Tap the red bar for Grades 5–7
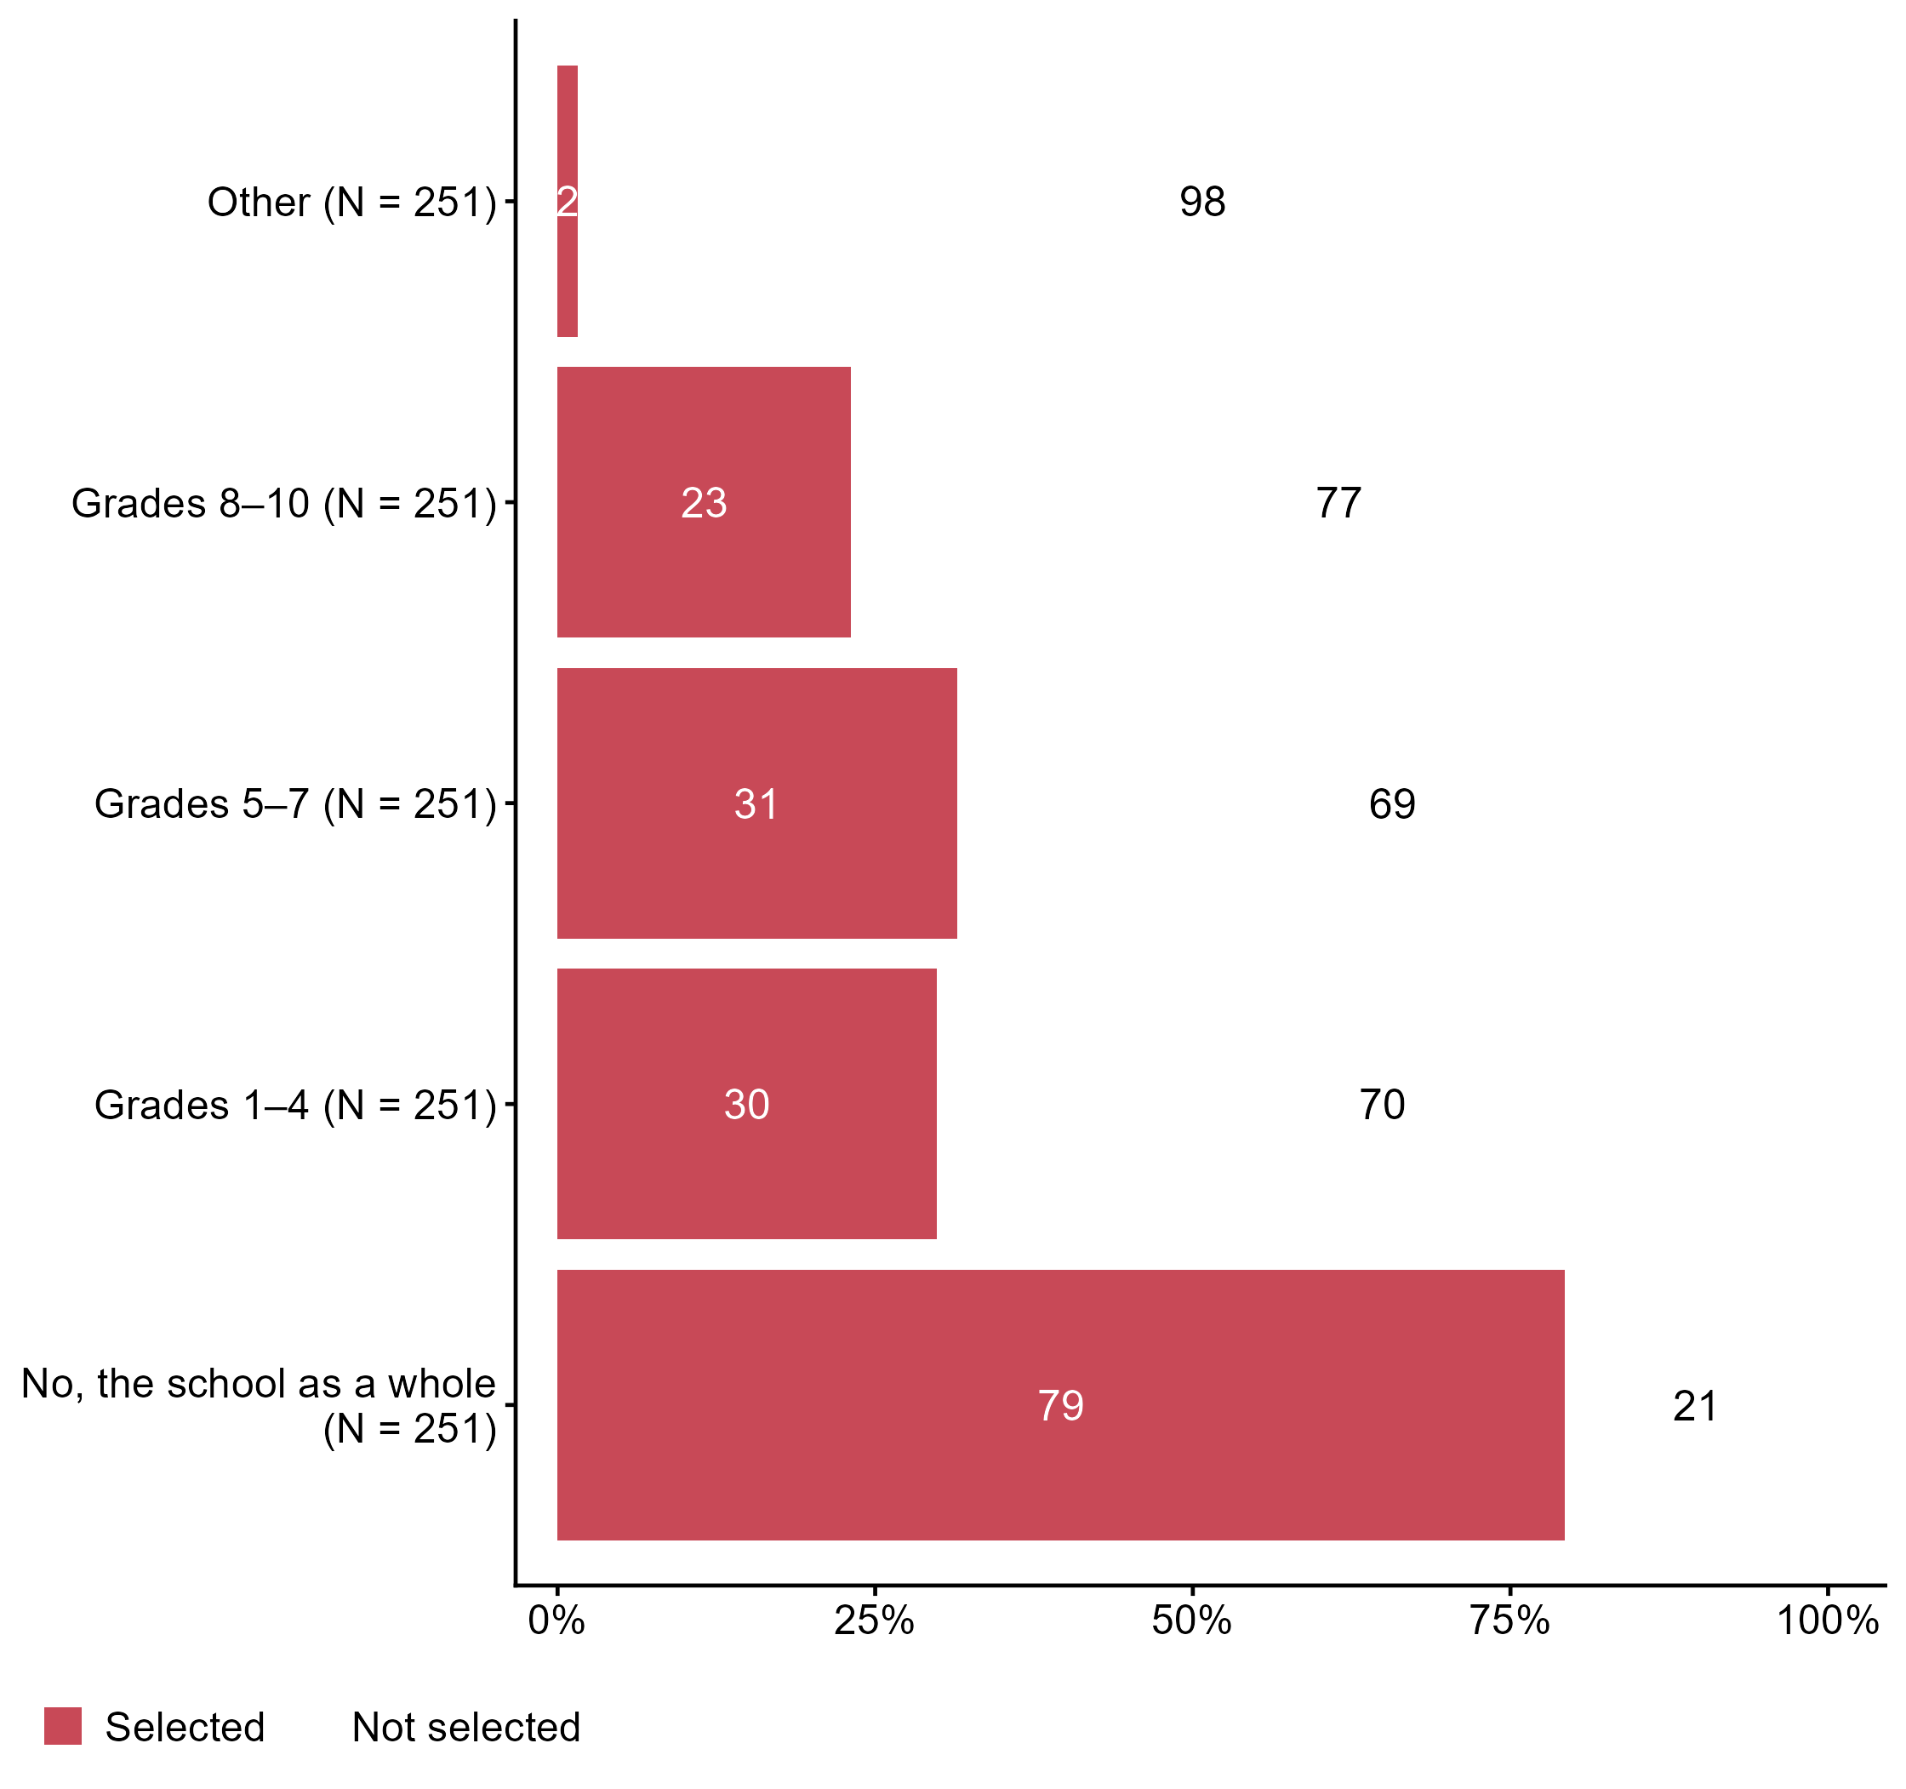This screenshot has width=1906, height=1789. [756, 863]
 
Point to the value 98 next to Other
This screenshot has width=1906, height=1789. [1202, 203]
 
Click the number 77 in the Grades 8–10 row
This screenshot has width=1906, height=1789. [1338, 503]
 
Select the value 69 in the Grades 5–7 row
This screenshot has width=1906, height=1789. [1392, 804]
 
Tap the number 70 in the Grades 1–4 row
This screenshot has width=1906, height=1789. [1382, 1106]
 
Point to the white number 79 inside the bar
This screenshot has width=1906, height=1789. [1060, 1405]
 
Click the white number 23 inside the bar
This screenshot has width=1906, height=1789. [704, 503]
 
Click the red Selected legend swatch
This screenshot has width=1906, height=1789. [63, 1727]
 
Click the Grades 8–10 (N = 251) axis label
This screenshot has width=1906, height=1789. [284, 503]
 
